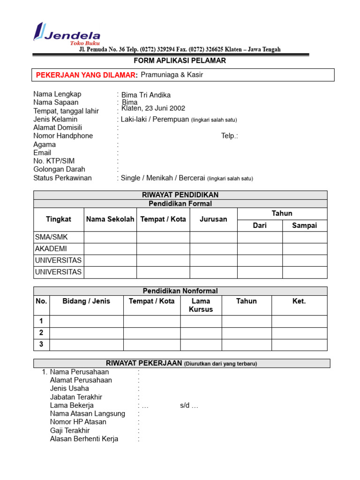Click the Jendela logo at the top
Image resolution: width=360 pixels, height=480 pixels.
pyautogui.click(x=67, y=33)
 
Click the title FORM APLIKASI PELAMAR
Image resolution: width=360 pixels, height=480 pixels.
pyautogui.click(x=180, y=60)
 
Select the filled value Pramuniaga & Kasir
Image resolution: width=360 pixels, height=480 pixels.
pyautogui.click(x=172, y=75)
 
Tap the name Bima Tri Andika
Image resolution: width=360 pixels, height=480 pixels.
pyautogui.click(x=146, y=95)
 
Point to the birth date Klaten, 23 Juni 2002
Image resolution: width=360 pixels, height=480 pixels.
pyautogui.click(x=153, y=108)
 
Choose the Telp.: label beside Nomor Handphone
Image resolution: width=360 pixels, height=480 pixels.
pyautogui.click(x=230, y=136)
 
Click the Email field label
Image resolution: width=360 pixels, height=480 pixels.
pyautogui.click(x=42, y=153)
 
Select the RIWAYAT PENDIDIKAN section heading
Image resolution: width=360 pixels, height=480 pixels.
pyautogui.click(x=180, y=195)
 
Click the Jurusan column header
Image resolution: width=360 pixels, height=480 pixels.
pyautogui.click(x=213, y=219)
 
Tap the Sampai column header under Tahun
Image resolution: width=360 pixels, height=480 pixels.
pyautogui.click(x=304, y=225)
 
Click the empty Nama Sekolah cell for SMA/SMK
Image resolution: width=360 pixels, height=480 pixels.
pyautogui.click(x=110, y=237)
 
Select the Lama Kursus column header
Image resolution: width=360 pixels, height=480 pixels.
pyautogui.click(x=201, y=305)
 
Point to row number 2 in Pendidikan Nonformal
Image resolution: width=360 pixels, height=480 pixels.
pyautogui.click(x=41, y=333)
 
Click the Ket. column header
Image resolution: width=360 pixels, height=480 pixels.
pyautogui.click(x=299, y=301)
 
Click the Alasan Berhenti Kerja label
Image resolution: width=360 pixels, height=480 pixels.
pyautogui.click(x=84, y=439)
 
